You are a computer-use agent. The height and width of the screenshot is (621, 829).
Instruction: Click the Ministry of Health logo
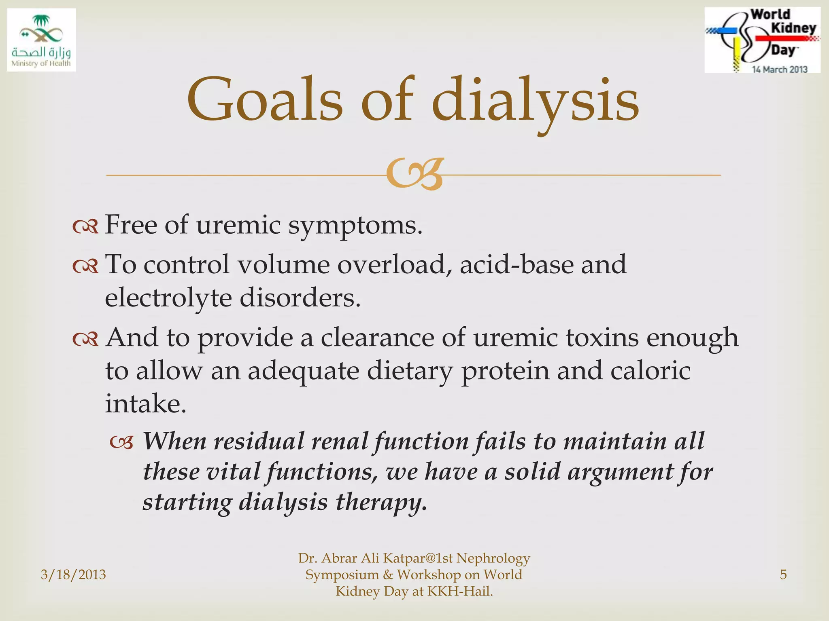[x=41, y=40]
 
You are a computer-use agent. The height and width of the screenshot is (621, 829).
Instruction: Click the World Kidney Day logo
[x=762, y=40]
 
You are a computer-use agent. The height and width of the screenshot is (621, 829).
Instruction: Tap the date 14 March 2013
[x=779, y=70]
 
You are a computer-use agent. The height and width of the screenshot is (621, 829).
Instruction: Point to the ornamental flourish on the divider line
[x=414, y=174]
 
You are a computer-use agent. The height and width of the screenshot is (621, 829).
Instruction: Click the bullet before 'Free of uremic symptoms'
[x=85, y=227]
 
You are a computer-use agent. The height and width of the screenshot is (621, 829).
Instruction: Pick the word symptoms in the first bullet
[x=355, y=225]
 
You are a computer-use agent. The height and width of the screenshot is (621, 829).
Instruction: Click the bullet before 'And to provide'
[x=85, y=339]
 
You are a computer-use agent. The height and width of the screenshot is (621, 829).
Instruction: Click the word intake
[x=146, y=403]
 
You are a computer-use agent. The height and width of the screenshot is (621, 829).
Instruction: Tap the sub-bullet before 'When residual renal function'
[x=121, y=443]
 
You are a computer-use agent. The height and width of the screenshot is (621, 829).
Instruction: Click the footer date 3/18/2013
[x=73, y=575]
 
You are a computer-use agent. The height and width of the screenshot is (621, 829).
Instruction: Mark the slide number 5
[x=783, y=575]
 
